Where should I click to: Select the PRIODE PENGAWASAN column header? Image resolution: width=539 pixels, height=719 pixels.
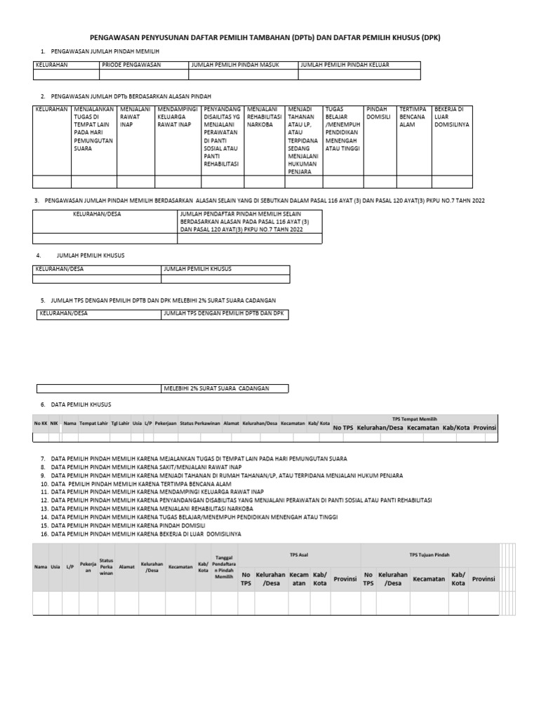[131, 65]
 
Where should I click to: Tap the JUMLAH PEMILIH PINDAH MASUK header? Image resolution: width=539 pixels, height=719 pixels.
[235, 65]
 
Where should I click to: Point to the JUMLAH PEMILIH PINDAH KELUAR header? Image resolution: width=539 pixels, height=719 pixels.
[344, 65]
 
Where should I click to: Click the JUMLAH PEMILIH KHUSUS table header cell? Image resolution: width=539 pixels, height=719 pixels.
[197, 269]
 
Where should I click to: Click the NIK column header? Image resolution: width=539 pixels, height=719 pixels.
[54, 423]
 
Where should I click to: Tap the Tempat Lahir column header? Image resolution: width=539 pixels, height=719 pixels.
[93, 423]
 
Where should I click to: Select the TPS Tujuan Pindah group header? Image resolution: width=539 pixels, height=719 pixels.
[429, 554]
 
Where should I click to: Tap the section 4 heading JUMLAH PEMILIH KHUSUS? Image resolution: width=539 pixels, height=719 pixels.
[90, 256]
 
